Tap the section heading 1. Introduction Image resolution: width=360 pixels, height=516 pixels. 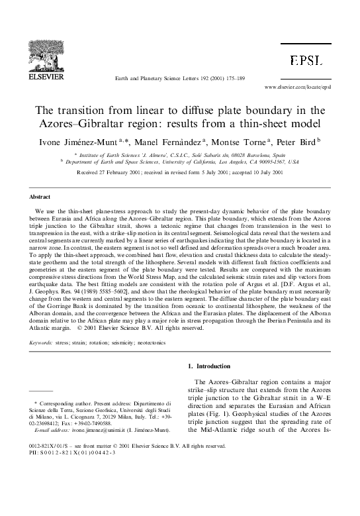click(211, 366)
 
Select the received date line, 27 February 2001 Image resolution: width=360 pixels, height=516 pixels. click(179, 172)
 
